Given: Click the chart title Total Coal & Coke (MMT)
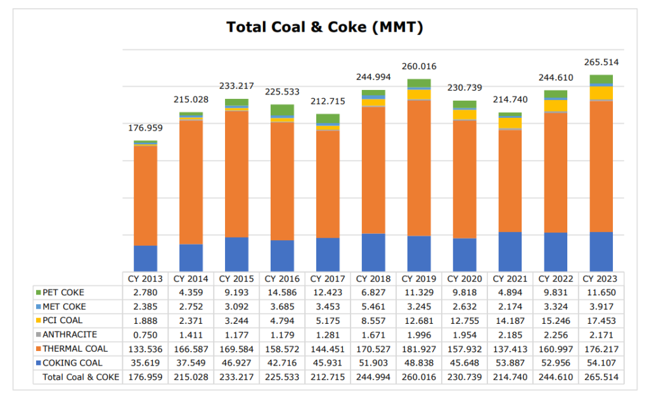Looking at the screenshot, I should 324,27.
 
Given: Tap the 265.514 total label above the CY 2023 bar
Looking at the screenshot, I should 601,62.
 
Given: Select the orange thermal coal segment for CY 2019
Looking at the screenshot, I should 419,168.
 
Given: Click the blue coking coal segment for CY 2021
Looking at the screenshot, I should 510,252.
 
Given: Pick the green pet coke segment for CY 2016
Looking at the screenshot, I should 282,110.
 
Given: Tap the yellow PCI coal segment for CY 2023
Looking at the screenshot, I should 601,93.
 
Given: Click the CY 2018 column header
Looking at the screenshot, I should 373,279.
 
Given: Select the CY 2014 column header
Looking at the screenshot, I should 191,279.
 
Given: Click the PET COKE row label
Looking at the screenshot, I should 63,293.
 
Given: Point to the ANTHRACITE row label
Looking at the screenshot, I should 70,335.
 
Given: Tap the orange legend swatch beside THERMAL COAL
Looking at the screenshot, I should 38,348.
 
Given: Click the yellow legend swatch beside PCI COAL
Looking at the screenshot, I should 38,321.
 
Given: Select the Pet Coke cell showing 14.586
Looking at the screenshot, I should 282,293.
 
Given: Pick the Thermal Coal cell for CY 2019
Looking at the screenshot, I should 419,348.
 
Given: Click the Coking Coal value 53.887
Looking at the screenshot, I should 510,363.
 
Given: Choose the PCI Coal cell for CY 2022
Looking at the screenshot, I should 556,321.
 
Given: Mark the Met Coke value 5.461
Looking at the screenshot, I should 373,307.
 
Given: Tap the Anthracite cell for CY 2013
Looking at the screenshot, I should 145,335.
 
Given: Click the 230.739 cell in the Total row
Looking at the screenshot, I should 465,377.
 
